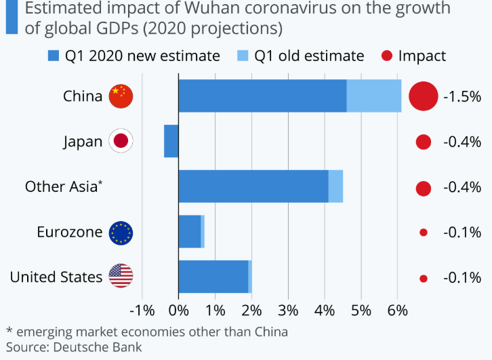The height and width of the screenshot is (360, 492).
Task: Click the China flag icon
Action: tap(121, 96)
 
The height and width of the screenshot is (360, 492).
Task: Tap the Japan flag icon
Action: tap(121, 141)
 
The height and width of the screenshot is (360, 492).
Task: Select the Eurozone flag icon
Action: tap(121, 232)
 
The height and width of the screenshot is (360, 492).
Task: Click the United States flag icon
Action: tap(121, 276)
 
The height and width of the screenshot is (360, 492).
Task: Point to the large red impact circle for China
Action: tap(424, 96)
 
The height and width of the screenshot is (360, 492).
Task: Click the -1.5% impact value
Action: tap(462, 96)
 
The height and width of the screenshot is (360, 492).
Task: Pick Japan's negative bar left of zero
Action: tap(171, 141)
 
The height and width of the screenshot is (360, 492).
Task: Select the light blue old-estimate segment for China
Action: tap(374, 96)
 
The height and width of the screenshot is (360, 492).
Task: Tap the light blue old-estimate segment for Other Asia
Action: tap(335, 186)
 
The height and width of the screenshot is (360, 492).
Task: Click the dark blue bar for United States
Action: tap(213, 277)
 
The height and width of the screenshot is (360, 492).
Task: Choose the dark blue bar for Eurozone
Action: tap(189, 232)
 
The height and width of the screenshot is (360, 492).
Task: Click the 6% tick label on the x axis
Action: tap(398, 311)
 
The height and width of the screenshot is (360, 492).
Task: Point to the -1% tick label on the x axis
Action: tap(142, 311)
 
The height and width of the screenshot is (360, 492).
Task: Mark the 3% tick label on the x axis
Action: tap(288, 311)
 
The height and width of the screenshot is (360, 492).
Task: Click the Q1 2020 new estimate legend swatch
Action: tap(54, 56)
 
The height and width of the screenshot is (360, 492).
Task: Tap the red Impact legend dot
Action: tap(387, 56)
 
